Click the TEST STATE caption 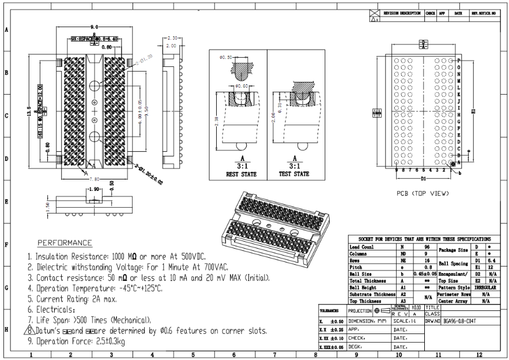294,174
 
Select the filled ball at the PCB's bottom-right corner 453,164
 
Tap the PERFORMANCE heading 65,242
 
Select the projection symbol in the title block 376,310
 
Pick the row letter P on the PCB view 459,61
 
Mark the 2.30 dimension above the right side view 171,37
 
